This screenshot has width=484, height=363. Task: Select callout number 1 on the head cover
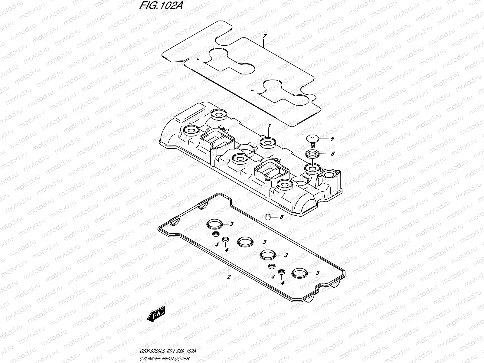pyautogui.click(x=269, y=126)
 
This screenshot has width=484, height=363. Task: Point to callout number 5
pyautogui.click(x=332, y=139)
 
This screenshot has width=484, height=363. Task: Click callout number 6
pyautogui.click(x=332, y=154)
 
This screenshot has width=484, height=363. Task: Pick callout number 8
pyautogui.click(x=281, y=217)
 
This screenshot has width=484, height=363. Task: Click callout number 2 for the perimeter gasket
pyautogui.click(x=229, y=276)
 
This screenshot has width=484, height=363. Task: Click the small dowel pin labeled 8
pyautogui.click(x=267, y=217)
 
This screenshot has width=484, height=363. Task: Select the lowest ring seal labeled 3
pyautogui.click(x=299, y=273)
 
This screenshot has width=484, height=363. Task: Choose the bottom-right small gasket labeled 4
pyautogui.click(x=282, y=272)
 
